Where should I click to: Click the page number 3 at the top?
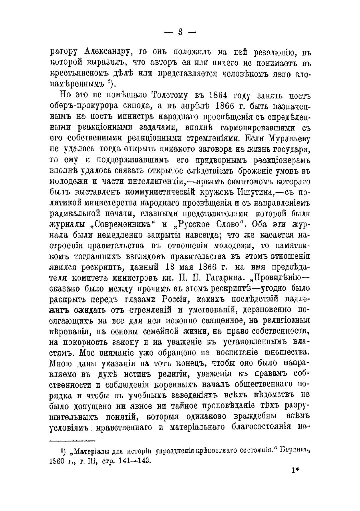(x=180, y=32)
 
